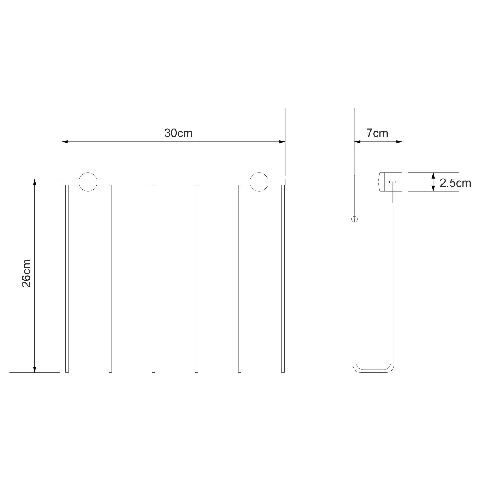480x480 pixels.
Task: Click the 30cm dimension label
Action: (178, 133)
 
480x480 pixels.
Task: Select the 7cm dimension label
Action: (377, 133)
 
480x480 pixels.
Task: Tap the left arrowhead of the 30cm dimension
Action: (65, 141)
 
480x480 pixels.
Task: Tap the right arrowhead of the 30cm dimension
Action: (281, 141)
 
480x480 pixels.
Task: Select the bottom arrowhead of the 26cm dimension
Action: (34, 369)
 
